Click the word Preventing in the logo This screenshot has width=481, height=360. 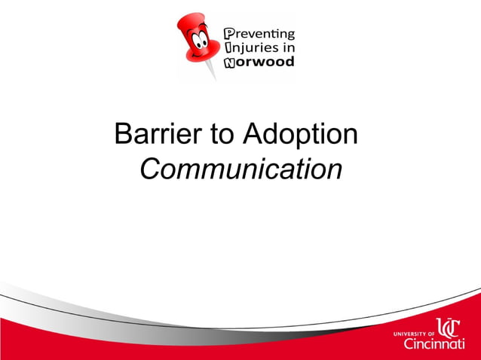(x=260, y=34)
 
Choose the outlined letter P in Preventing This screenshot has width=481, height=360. (x=231, y=34)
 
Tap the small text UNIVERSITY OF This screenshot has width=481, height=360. (x=415, y=332)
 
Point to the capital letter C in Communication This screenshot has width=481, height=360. (x=151, y=169)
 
